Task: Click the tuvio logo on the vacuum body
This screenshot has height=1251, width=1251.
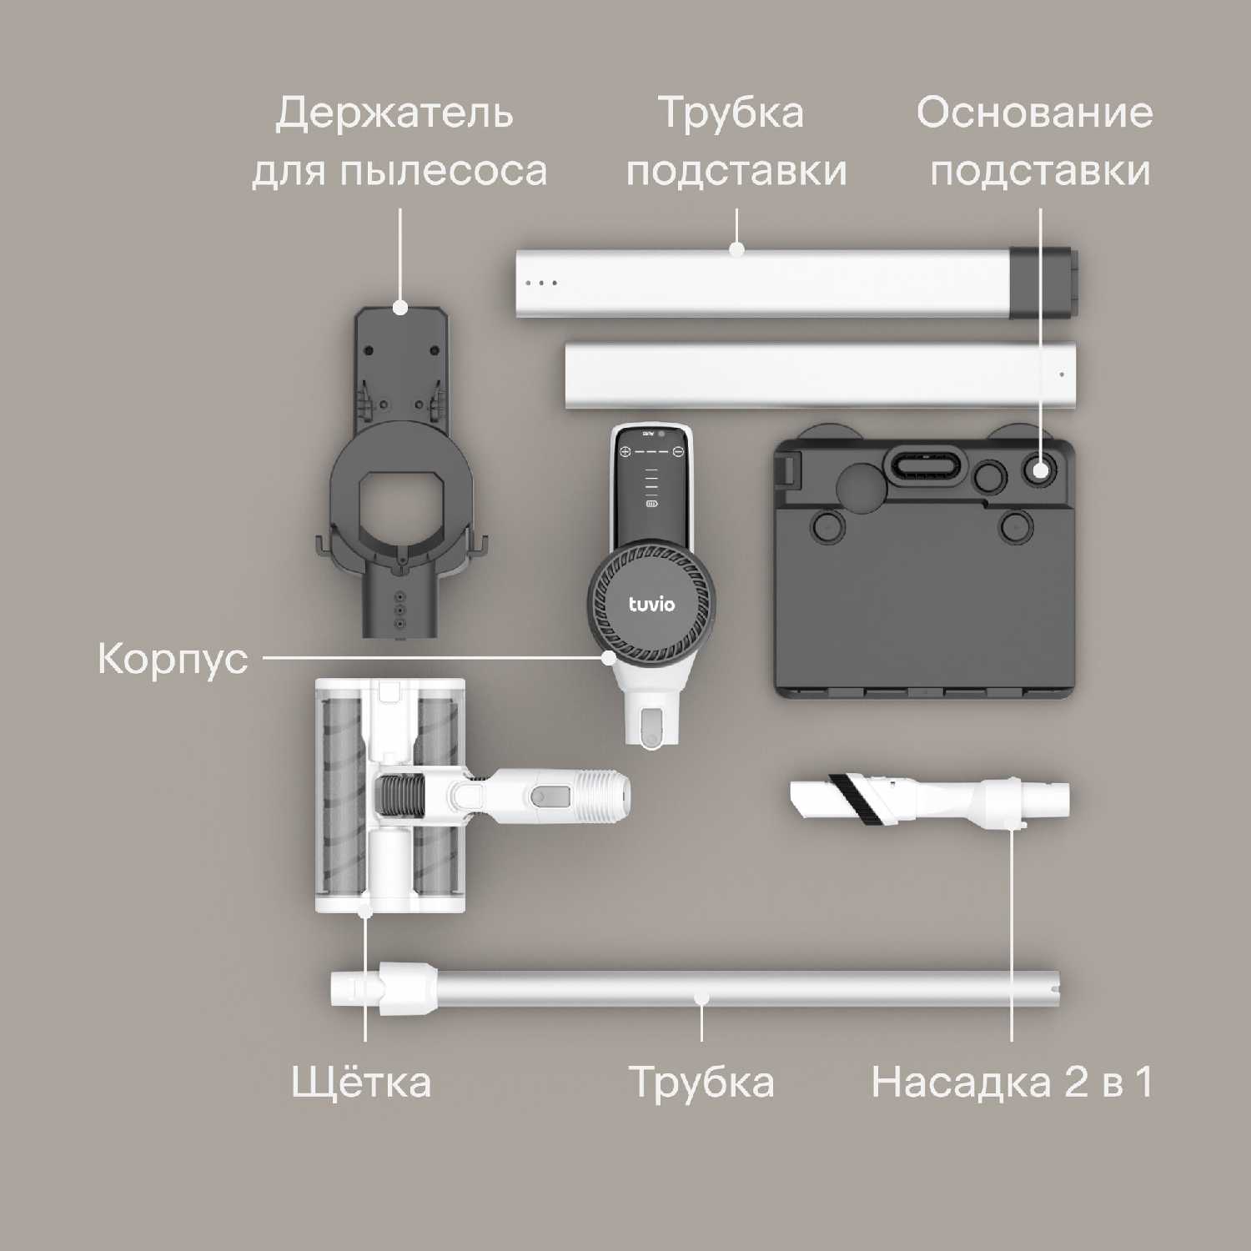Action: click(651, 604)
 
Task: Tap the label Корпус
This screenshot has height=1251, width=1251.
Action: click(173, 659)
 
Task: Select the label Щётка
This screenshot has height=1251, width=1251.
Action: click(361, 1082)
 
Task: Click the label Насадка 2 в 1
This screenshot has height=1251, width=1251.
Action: click(1012, 1083)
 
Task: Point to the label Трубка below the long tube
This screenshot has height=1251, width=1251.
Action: click(701, 1083)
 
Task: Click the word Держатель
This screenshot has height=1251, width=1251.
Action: click(394, 113)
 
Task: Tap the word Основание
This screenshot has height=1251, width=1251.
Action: click(1035, 113)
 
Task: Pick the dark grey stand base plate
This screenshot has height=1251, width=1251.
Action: click(924, 567)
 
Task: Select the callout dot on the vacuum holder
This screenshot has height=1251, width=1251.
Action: click(400, 308)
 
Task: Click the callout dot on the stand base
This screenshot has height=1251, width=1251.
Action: click(1040, 470)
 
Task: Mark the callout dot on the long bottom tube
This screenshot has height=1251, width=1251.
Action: click(701, 997)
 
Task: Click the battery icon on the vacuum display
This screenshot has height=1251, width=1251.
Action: click(651, 504)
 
